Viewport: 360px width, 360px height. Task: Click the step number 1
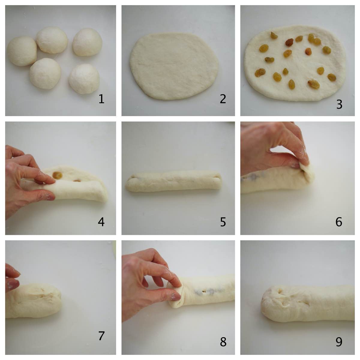pos(101,99)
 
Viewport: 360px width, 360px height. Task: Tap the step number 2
pos(223,99)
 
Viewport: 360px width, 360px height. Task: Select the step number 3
pos(339,104)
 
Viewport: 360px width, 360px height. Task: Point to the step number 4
pos(101,222)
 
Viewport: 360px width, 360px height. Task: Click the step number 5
pos(223,222)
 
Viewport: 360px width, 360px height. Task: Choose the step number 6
pos(339,222)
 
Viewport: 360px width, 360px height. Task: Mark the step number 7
pos(101,336)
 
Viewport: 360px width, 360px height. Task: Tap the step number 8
pos(223,342)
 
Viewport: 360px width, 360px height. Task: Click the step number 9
pos(339,342)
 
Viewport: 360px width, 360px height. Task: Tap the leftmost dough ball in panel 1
pos(22,51)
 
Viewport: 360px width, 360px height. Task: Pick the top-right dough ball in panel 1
pos(87,42)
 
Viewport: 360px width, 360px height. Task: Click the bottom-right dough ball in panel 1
pos(84,79)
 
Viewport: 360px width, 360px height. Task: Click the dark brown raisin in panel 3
pos(289,42)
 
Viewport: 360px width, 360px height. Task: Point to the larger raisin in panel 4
pos(57,175)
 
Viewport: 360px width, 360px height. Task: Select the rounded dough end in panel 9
pos(270,303)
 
